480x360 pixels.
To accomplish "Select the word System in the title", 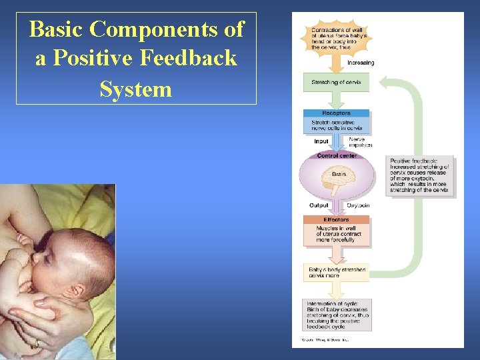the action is [136, 88].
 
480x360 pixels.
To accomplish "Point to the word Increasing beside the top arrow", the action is [361, 63].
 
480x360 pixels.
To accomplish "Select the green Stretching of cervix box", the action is [336, 83].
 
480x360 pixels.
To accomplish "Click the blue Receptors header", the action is [336, 113].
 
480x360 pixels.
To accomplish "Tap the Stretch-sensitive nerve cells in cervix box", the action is [336, 125].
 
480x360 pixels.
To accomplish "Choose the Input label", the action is [321, 141].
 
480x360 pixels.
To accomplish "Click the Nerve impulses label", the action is [361, 142].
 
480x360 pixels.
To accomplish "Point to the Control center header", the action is [337, 155].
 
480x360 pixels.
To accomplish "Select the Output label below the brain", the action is [319, 205].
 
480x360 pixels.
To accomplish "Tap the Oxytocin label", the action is [358, 205].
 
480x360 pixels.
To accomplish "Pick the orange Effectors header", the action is [336, 219].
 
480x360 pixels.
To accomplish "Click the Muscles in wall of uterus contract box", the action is [336, 234].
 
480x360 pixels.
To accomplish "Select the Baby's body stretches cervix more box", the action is [337, 272].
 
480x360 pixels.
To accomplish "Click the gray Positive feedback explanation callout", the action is [420, 176].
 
